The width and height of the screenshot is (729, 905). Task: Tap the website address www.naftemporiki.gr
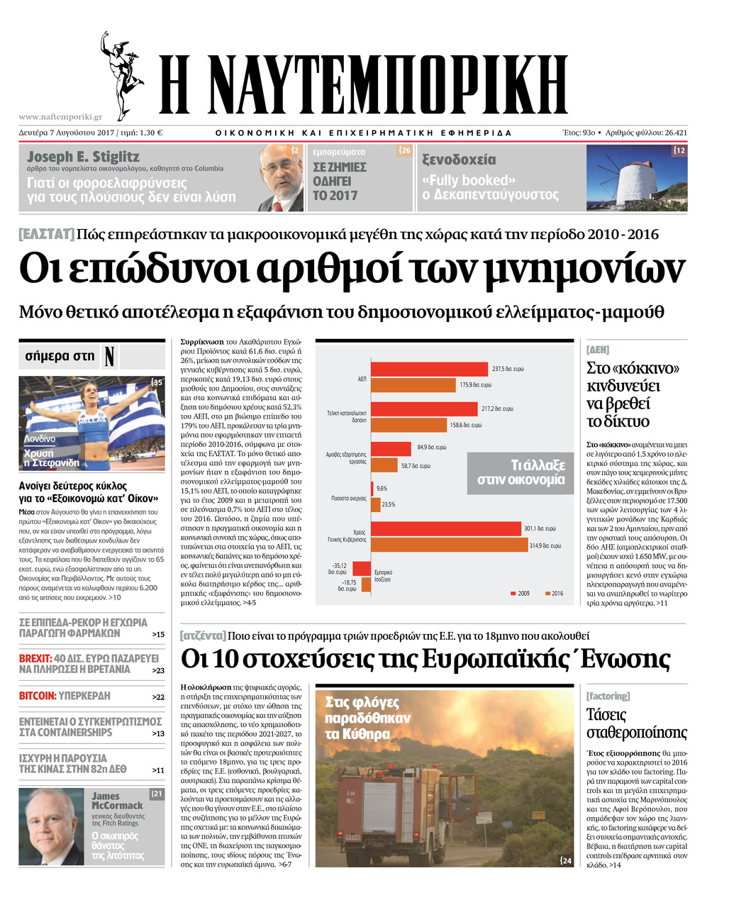pyautogui.click(x=60, y=117)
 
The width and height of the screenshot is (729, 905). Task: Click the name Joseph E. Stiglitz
pyautogui.click(x=83, y=157)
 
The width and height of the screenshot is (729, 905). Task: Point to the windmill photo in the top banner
pyautogui.click(x=636, y=177)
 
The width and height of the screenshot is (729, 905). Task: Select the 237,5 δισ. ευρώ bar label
pyautogui.click(x=508, y=369)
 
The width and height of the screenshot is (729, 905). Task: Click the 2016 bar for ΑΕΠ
pyautogui.click(x=413, y=385)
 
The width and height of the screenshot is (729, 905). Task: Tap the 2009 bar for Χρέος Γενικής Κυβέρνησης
pyautogui.click(x=445, y=529)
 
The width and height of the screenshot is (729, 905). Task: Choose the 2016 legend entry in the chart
pyautogui.click(x=554, y=594)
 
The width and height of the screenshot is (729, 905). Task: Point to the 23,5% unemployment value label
pyautogui.click(x=389, y=504)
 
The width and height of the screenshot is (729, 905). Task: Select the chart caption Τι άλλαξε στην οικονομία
pyautogui.click(x=521, y=472)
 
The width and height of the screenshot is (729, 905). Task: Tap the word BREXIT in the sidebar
pyautogui.click(x=35, y=658)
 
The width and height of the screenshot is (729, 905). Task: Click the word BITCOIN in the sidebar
pyautogui.click(x=37, y=696)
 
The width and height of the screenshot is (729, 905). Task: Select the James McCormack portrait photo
pyautogui.click(x=52, y=826)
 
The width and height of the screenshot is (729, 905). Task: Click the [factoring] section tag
pyautogui.click(x=608, y=696)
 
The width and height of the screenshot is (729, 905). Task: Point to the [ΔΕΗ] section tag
pyautogui.click(x=598, y=350)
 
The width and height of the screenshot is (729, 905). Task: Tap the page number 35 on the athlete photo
pyautogui.click(x=157, y=382)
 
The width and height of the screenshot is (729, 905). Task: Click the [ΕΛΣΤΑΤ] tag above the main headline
pyautogui.click(x=46, y=234)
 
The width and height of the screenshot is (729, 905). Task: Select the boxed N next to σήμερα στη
pyautogui.click(x=108, y=356)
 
